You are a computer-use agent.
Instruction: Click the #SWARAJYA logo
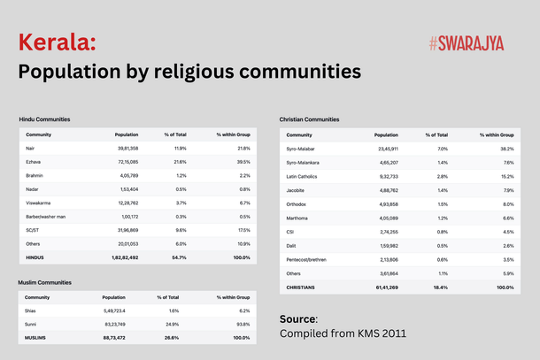[x=465, y=42]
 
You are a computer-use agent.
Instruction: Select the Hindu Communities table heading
[x=45, y=119]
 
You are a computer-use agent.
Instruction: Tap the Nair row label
[x=31, y=148]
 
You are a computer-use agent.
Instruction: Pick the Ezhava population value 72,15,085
[x=124, y=162]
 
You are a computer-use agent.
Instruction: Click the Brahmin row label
[x=35, y=175]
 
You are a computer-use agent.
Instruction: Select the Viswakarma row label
[x=37, y=203]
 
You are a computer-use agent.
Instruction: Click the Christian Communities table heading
[x=309, y=119]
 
